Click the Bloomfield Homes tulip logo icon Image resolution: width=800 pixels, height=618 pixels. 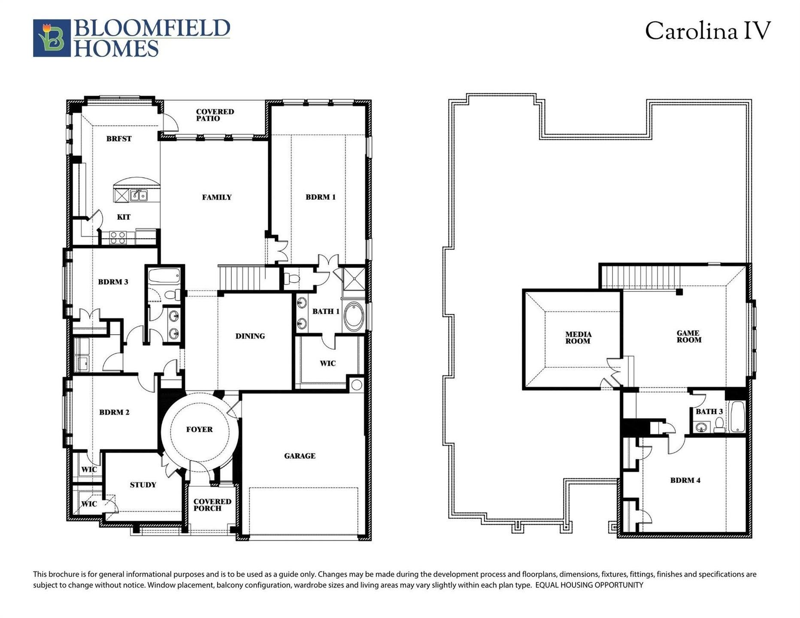(52, 38)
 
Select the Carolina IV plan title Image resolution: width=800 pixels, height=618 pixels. (708, 31)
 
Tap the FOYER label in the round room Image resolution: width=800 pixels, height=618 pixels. (199, 429)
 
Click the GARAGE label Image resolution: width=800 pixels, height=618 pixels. (300, 456)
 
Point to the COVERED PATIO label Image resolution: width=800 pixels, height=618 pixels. (215, 115)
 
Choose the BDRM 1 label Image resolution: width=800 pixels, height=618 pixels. (320, 197)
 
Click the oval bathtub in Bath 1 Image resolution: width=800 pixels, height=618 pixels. (353, 317)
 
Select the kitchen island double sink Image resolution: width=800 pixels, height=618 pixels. (139, 196)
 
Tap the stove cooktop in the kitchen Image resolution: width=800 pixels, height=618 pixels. (117, 237)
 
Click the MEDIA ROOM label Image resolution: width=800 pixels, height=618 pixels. (578, 338)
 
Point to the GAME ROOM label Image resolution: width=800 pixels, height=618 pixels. (688, 336)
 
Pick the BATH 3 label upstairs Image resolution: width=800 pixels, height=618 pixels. (709, 412)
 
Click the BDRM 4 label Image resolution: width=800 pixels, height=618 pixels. (685, 480)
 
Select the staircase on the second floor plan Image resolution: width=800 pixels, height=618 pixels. (640, 277)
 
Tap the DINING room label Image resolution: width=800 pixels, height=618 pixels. (250, 336)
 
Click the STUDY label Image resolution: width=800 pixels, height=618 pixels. (143, 485)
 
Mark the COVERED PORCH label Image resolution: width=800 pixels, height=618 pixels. (212, 505)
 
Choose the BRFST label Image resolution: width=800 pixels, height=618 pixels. (119, 139)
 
